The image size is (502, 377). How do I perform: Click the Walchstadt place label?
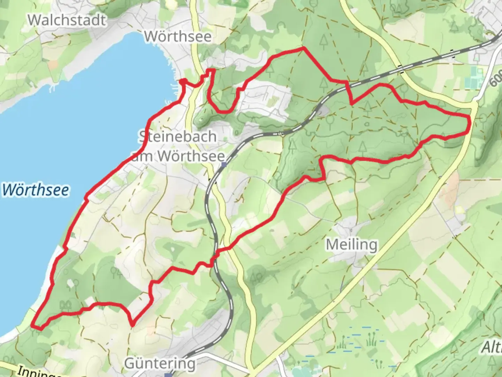coord(67,20)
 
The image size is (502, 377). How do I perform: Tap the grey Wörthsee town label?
coord(178,36)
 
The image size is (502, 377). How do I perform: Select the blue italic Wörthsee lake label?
coord(35,190)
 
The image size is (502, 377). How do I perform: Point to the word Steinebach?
coord(177,136)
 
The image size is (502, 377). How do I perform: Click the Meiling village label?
coord(351,244)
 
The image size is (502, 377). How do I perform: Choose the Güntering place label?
coord(160,363)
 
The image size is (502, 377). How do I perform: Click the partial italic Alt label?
coord(492,347)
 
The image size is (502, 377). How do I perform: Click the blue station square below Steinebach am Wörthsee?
coord(223,164)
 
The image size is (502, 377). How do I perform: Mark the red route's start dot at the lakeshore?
coord(182,82)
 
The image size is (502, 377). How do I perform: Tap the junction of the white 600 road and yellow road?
coord(474,102)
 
